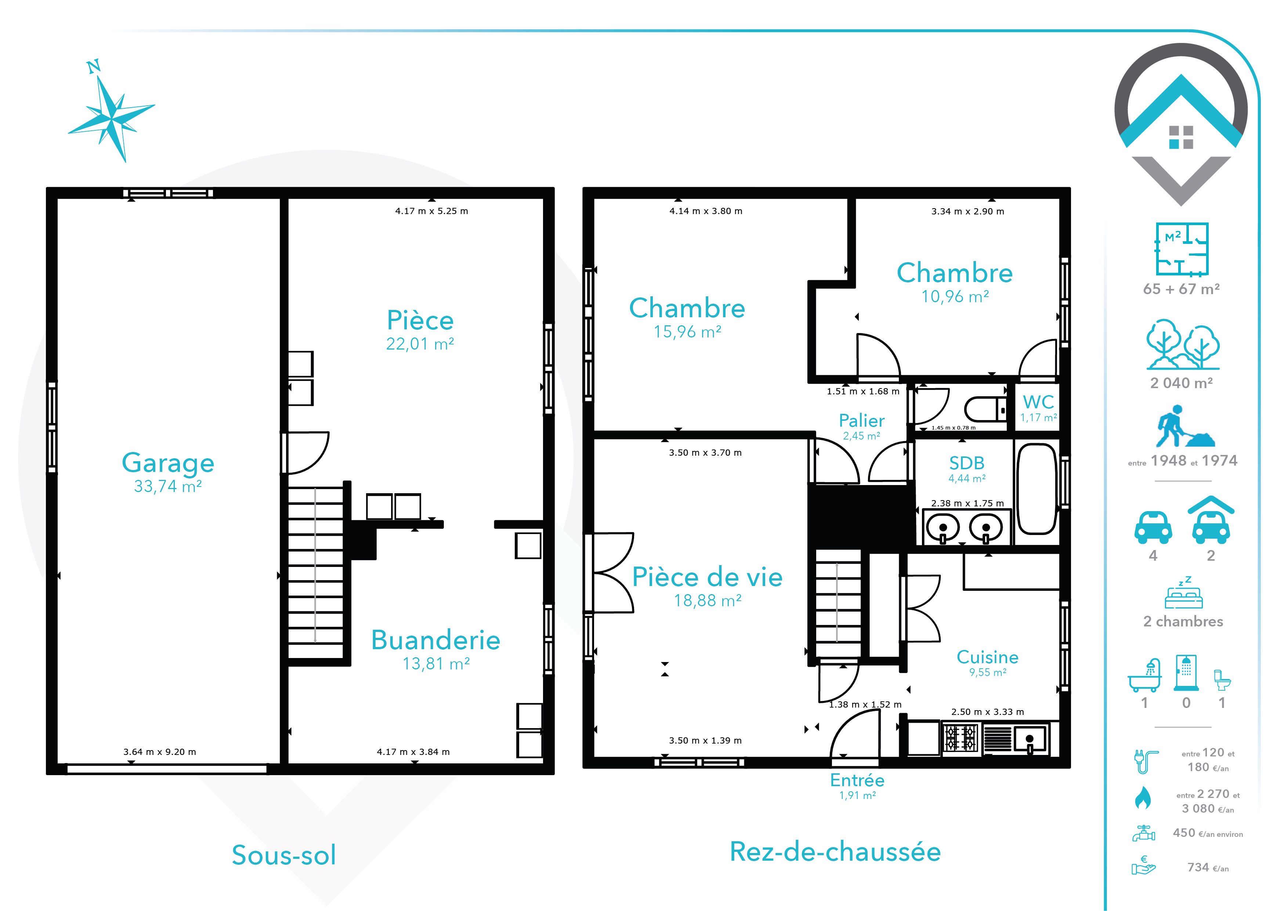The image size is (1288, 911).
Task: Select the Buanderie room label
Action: (436, 640)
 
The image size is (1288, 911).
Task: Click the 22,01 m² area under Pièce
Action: (420, 344)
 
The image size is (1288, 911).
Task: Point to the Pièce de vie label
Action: (708, 577)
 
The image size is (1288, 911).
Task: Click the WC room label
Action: (1038, 402)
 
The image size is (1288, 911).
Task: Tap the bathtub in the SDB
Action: (1037, 489)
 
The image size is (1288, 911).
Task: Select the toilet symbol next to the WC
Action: (985, 409)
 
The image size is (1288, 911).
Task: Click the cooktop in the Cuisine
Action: (960, 738)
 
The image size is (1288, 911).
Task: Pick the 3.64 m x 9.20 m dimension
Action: (160, 752)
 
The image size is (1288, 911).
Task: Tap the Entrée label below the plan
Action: (857, 780)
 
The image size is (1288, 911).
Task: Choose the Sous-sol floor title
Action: (284, 855)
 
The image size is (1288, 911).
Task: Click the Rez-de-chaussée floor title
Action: (835, 852)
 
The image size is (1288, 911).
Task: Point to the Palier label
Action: (862, 421)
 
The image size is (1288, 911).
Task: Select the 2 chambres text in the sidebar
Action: (1183, 622)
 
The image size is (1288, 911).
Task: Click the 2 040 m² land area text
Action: (1182, 383)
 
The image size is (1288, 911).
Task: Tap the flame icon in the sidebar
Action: (1143, 798)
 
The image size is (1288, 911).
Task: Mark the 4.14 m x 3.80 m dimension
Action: (706, 211)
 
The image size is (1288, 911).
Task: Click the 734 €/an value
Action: (1208, 867)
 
